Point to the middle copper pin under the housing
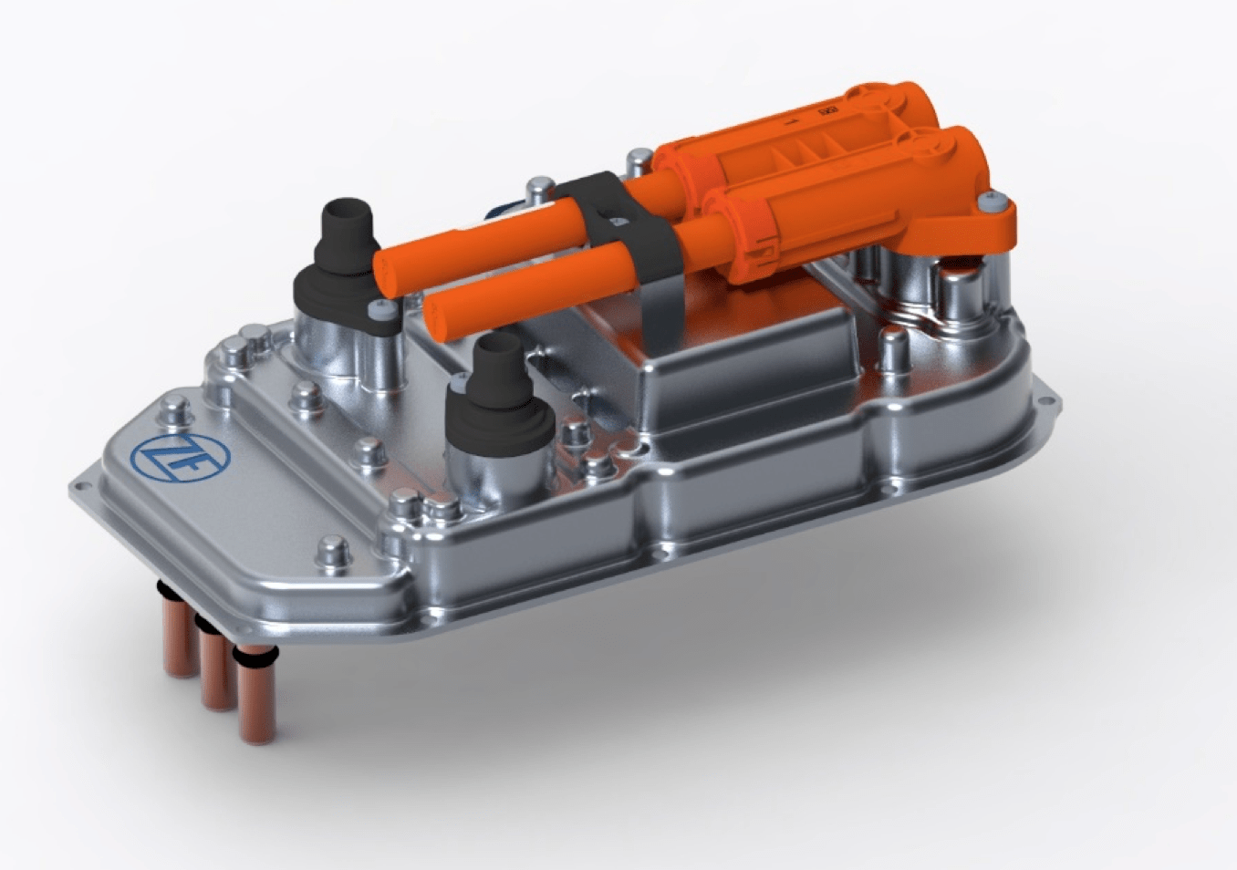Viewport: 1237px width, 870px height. tap(215, 666)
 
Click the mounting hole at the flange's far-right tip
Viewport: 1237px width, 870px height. tap(1045, 399)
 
